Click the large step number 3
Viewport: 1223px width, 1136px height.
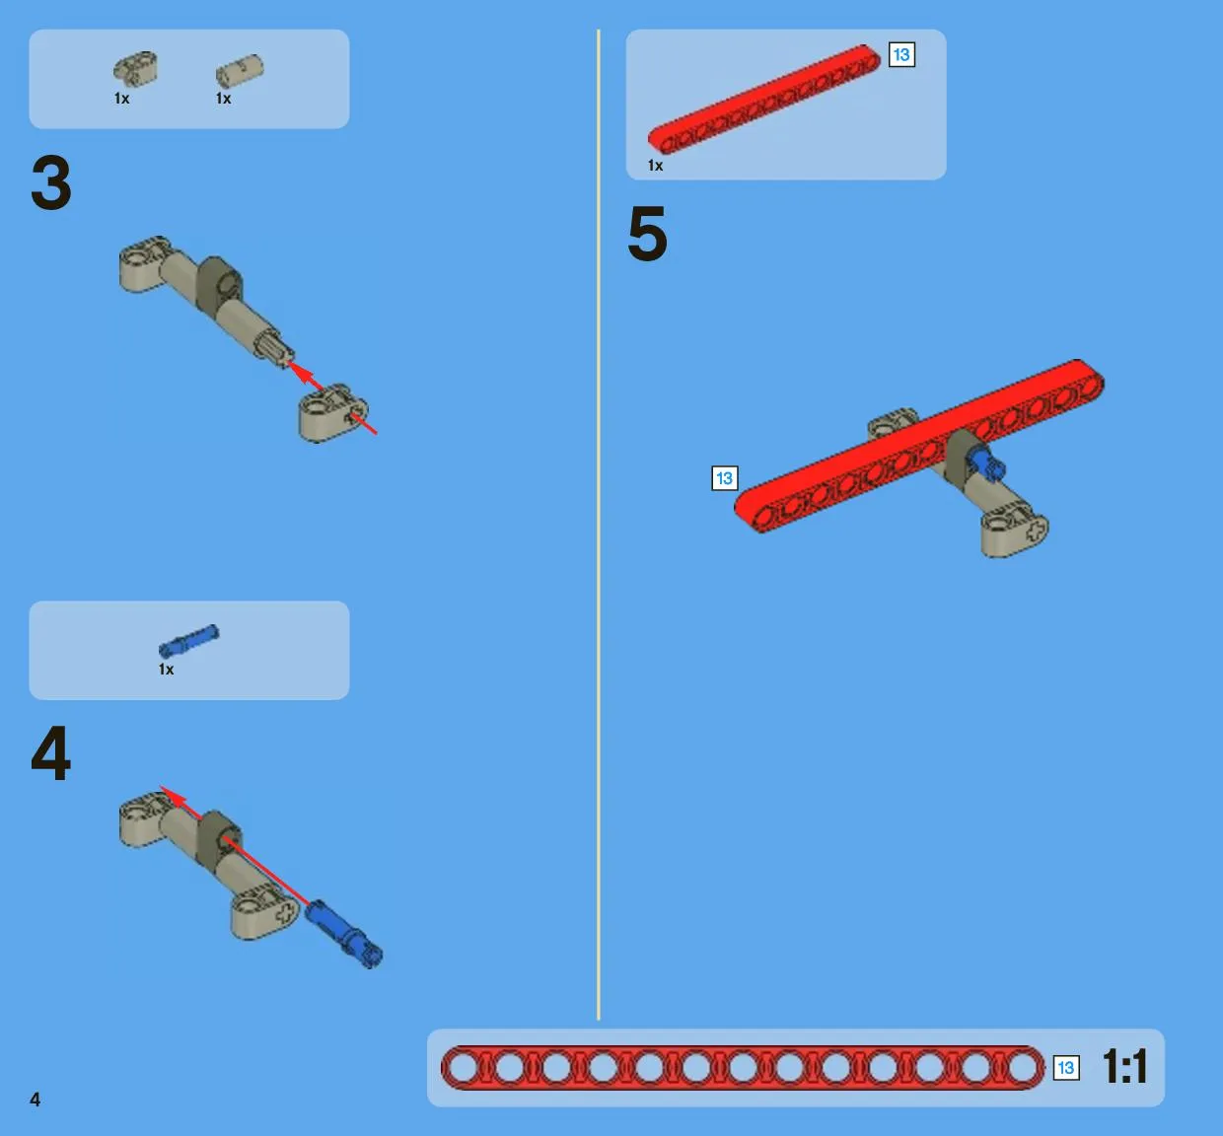(x=51, y=182)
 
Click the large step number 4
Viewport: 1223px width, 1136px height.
(x=51, y=752)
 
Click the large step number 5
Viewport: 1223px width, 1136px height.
(x=647, y=234)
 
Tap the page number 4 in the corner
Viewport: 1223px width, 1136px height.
(x=36, y=1100)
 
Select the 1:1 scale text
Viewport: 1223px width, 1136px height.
(x=1125, y=1066)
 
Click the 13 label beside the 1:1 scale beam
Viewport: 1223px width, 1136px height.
(x=1066, y=1068)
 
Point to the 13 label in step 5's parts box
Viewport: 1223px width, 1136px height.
(x=901, y=55)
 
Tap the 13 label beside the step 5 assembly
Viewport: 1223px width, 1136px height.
(x=725, y=478)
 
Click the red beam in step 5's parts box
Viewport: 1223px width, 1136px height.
(x=764, y=100)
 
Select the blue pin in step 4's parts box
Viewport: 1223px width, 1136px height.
(x=188, y=641)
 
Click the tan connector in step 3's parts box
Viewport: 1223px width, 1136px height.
(x=135, y=68)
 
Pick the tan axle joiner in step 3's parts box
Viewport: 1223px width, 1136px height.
(x=240, y=71)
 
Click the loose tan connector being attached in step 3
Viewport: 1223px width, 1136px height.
(x=333, y=413)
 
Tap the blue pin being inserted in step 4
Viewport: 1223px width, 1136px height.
(x=344, y=934)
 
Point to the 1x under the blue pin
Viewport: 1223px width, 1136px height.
(x=167, y=670)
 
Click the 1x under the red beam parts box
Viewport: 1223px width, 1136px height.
(x=655, y=166)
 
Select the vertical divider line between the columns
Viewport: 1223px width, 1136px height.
(x=598, y=525)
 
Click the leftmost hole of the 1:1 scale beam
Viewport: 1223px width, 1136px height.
(x=464, y=1068)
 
